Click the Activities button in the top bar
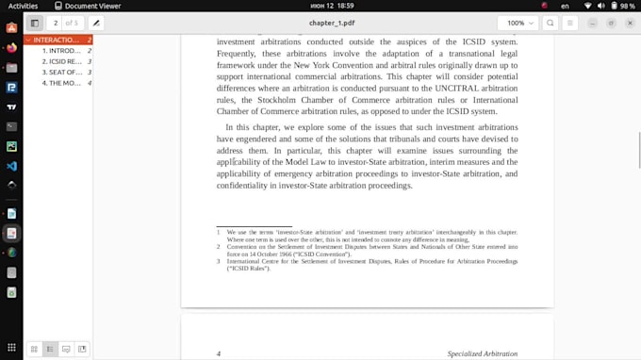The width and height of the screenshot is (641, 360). tap(23, 6)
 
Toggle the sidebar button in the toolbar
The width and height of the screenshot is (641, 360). tap(35, 23)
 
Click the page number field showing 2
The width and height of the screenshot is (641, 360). tap(57, 23)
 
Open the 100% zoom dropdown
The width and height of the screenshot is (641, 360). tap(520, 23)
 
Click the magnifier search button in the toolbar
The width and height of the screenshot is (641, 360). tap(551, 23)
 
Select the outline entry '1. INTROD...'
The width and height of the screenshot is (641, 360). tap(61, 51)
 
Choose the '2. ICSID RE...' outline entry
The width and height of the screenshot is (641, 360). tap(61, 61)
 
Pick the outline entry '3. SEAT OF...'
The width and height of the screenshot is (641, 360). tap(61, 73)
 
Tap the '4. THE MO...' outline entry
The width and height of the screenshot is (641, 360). tap(61, 83)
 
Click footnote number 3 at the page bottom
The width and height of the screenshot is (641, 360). tap(219, 260)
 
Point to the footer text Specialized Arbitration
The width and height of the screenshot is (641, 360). tap(482, 354)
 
